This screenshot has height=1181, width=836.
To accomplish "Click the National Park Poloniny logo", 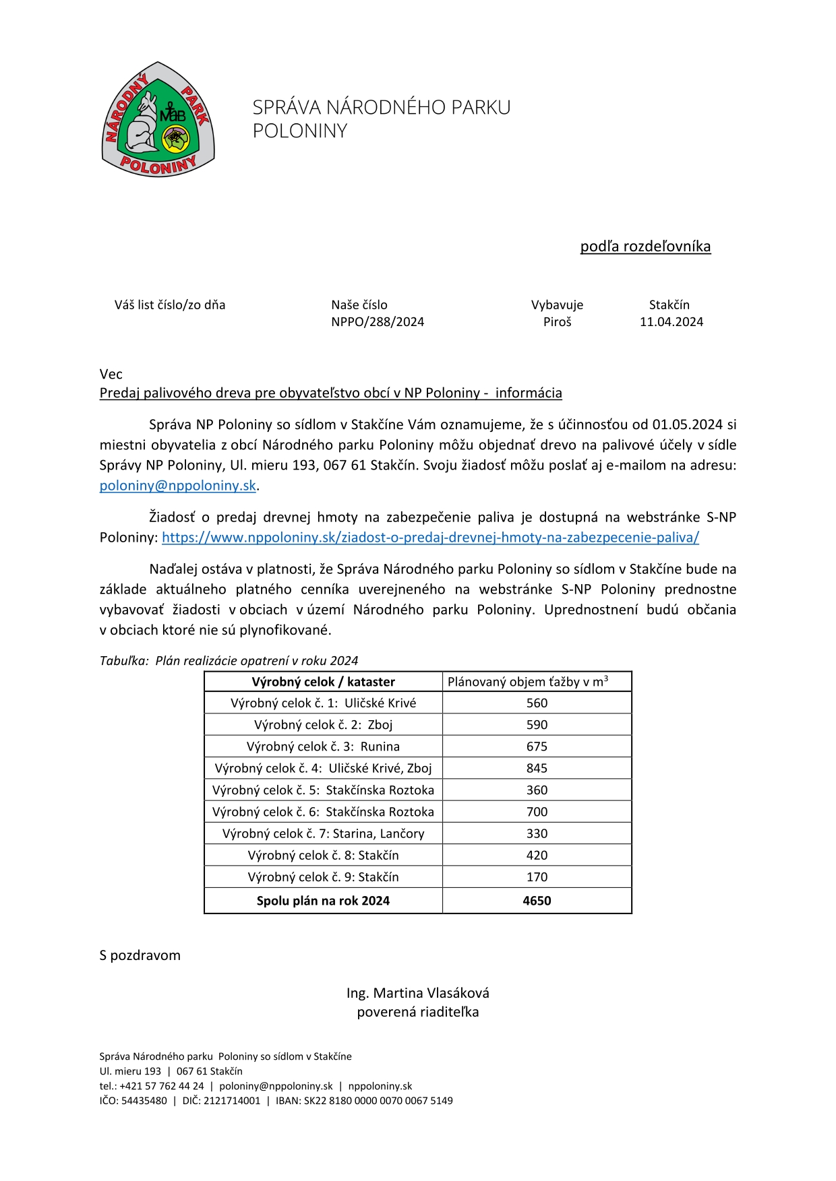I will (x=158, y=120).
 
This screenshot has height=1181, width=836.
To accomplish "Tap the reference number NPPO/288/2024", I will (x=378, y=322).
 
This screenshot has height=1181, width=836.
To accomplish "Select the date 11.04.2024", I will (x=671, y=322).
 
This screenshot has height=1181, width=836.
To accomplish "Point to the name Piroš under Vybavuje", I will (x=557, y=322).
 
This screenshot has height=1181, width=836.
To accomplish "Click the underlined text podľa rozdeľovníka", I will (x=645, y=247).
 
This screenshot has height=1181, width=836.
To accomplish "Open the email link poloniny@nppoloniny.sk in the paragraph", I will (x=178, y=486).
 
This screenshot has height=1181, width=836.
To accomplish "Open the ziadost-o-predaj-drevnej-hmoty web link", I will (x=430, y=538).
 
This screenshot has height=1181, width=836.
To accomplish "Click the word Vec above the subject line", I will (x=111, y=375).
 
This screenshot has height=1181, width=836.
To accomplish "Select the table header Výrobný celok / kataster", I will (x=323, y=682).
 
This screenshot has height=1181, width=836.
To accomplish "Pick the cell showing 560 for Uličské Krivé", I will (x=537, y=703).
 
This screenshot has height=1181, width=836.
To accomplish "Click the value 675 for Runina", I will (x=537, y=746).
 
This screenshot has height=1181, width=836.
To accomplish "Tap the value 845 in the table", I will (x=537, y=769).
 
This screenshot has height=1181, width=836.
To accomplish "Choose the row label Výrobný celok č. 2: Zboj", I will (x=323, y=725).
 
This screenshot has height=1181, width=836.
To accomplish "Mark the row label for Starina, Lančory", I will (x=323, y=834).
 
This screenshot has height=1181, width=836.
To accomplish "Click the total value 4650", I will (x=537, y=901).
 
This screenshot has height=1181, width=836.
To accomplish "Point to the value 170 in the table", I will (x=537, y=877).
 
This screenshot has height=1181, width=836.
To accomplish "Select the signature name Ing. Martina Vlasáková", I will (x=418, y=993).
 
